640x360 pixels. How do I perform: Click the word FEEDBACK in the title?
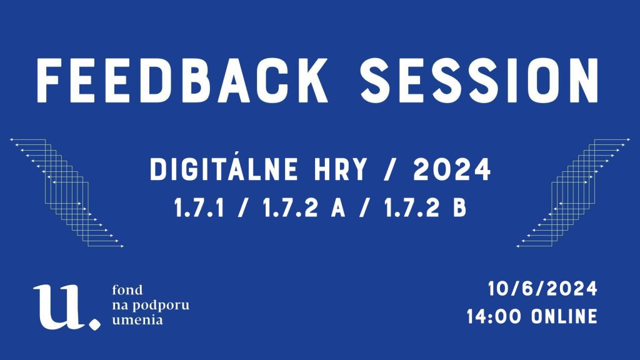click(182, 81)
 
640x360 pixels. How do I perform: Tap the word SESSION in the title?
click(479, 81)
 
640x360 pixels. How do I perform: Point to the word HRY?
click(341, 169)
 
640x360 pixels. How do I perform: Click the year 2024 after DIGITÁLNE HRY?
click(452, 169)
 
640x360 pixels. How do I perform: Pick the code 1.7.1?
click(199, 207)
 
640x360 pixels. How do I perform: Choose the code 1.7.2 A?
click(304, 207)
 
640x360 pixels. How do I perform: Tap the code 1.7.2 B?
click(425, 207)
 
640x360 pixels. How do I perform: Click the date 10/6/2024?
click(542, 289)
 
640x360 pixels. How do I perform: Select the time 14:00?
click(494, 317)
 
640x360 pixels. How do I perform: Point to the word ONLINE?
click(565, 317)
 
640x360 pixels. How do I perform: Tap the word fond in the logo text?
click(127, 290)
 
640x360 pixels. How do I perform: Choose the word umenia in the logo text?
click(137, 319)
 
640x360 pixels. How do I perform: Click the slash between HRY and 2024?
click(390, 169)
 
